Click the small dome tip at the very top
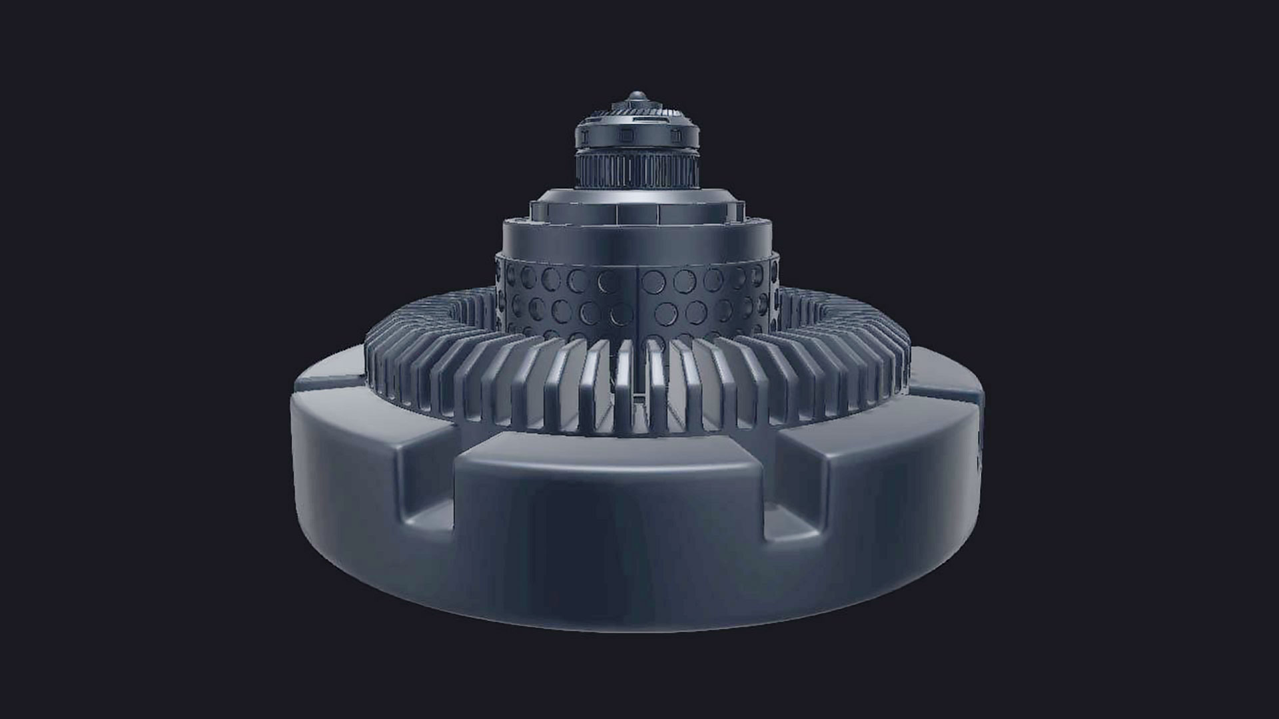click(637, 96)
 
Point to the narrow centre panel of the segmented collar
click(638, 212)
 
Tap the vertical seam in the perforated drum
click(639, 300)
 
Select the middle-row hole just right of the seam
click(665, 312)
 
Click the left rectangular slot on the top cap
click(584, 135)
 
